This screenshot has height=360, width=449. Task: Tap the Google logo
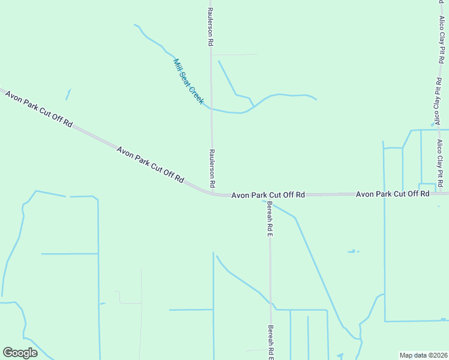point(20,353)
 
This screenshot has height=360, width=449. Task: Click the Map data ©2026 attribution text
point(423,355)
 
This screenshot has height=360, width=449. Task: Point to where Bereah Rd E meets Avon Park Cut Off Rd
point(270,195)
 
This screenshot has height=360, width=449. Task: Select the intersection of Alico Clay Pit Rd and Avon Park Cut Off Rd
point(439,194)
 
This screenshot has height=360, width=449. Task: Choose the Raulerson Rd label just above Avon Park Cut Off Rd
point(212,167)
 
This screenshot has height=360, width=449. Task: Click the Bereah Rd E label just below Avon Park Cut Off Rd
point(270,218)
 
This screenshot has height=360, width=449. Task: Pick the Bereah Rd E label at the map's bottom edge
point(271,344)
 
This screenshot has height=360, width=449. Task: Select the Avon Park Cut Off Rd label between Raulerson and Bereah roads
point(268,195)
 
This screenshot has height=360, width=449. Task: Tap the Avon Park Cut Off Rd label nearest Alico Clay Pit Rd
point(393,194)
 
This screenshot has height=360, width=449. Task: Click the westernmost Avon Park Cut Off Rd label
point(39,109)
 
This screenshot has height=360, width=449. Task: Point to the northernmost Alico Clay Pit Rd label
point(442,32)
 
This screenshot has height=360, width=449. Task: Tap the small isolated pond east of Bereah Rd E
point(352,251)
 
